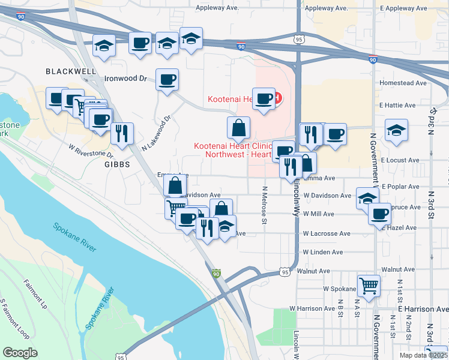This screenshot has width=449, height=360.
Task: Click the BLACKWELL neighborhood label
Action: (71, 71)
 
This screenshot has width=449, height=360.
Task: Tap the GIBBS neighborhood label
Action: (117, 164)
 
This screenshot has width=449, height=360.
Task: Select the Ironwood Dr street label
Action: (126, 79)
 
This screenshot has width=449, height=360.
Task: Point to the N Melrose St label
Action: (264, 205)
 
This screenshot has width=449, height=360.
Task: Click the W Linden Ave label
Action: (323, 253)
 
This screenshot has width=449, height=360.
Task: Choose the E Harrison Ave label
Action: (423, 309)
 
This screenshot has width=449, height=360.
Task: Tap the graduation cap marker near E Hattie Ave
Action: (396, 130)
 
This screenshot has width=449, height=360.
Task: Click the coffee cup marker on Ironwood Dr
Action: (167, 79)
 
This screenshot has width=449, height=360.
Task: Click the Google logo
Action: (20, 352)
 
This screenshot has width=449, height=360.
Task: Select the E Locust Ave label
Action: (399, 161)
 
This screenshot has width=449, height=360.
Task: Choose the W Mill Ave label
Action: (318, 214)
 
